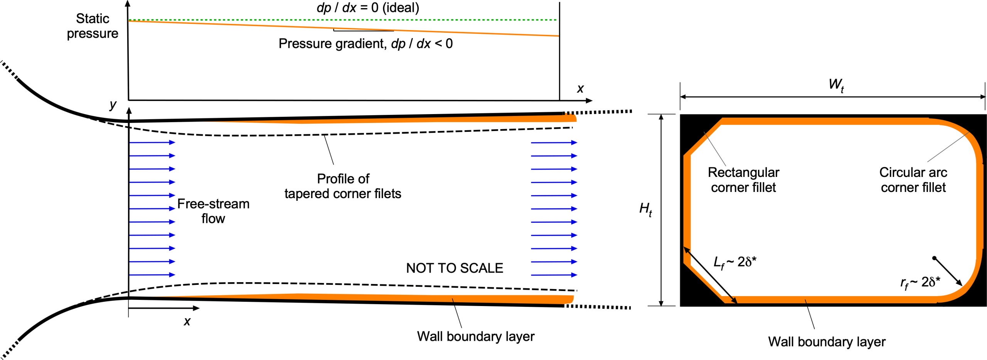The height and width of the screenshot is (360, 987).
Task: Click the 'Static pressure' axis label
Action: click(93, 26)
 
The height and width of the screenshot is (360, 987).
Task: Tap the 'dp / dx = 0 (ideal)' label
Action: click(367, 8)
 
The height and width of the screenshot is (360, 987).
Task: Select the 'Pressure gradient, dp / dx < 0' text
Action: click(365, 44)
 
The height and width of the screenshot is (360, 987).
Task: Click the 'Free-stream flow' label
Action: click(213, 211)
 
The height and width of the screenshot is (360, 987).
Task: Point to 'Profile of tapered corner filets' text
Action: click(343, 186)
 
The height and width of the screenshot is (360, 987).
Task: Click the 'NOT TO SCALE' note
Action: click(454, 268)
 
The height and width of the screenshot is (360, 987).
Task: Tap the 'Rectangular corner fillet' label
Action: click(743, 180)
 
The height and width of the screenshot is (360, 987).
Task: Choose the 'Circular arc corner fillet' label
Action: click(913, 180)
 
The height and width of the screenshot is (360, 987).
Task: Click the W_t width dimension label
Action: click(836, 84)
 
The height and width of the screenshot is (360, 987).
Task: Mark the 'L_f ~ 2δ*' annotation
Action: click(734, 262)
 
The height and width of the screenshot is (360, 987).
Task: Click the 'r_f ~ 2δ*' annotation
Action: click(920, 283)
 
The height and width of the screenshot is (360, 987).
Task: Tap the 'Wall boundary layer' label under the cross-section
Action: click(827, 341)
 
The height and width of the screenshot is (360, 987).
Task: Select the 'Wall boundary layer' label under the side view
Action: click(475, 336)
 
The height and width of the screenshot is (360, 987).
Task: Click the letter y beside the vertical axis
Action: click(113, 104)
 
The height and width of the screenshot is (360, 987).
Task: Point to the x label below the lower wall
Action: click(187, 321)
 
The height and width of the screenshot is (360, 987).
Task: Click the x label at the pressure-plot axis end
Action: click(580, 89)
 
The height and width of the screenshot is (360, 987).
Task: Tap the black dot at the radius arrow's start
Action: click(934, 258)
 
